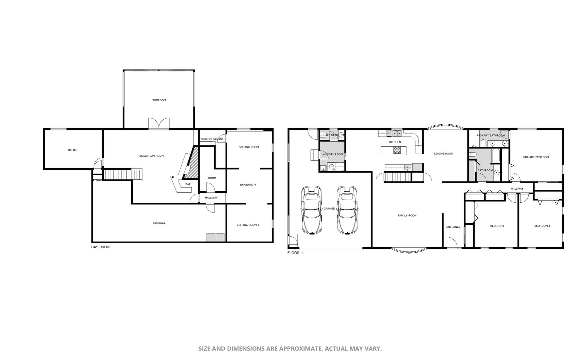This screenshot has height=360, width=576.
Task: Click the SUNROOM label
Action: pos(159,100)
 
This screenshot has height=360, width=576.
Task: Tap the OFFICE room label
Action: pos(73,150)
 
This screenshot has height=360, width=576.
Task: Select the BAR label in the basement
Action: pos(188,184)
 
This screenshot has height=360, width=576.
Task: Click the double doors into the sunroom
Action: pos(159,123)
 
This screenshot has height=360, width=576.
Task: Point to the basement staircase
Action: pos(123,174)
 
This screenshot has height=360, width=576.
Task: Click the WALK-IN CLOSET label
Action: pos(212,139)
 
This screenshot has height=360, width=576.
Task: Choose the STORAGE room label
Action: pos(159,223)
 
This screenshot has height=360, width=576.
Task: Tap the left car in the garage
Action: pos(312,210)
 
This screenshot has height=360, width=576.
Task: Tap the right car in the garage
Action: pos(347,210)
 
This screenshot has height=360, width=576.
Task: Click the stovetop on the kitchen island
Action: pos(397,150)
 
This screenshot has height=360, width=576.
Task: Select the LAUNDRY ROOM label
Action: pos(332,154)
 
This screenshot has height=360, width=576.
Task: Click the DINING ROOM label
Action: pos(443,154)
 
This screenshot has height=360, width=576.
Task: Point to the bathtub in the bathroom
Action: pos(496,156)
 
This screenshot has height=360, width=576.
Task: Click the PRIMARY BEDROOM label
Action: pos(535,157)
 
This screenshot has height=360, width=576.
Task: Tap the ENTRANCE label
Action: pos(453,227)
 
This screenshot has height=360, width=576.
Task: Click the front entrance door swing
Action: pos(452,242)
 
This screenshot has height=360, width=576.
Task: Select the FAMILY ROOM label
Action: pos(407,216)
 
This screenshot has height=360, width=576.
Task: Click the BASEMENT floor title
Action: pos(101,247)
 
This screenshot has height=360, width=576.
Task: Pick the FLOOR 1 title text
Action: pos(295,253)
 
